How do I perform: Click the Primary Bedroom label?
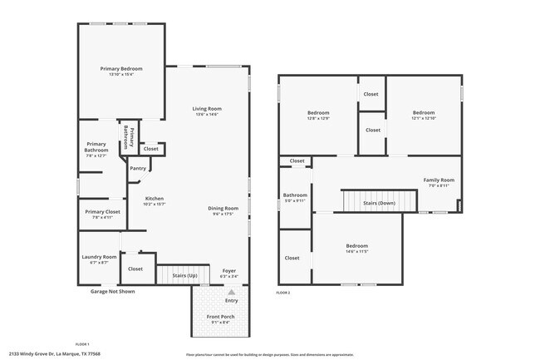click(121, 68)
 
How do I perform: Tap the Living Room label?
click(207, 109)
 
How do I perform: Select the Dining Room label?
click(223, 208)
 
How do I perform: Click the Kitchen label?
click(155, 199)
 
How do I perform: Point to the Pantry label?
click(138, 169)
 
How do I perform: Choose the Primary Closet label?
click(102, 211)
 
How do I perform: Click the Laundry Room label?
click(98, 258)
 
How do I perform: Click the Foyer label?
click(228, 271)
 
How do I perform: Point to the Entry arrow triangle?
click(232, 292)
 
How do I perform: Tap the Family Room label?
click(439, 180)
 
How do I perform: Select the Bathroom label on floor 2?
click(295, 195)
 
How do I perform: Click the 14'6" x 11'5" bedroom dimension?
click(357, 251)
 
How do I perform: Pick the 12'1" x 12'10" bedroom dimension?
click(424, 118)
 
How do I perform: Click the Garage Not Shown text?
click(112, 292)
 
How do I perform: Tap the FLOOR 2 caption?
click(283, 293)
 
